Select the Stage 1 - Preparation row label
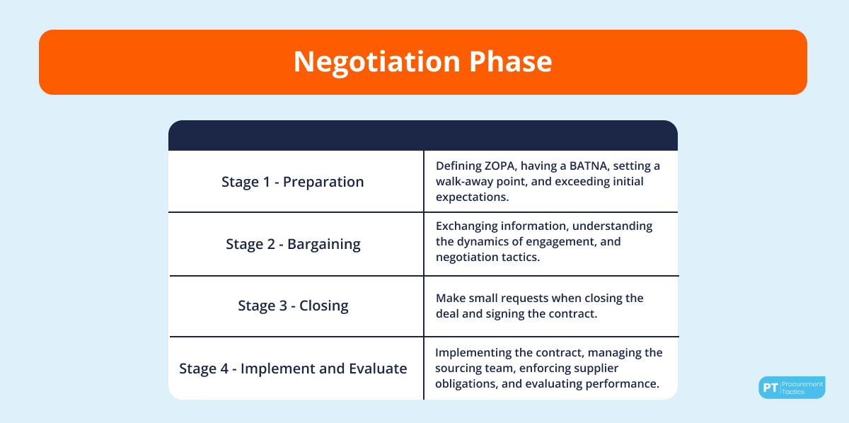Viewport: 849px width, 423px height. pos(292,182)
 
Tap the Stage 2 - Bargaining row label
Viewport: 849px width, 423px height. pos(293,244)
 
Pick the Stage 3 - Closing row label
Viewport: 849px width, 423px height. pos(293,306)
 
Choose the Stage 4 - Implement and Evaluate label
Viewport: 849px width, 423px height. pos(293,369)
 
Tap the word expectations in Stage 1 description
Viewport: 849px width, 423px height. pos(472,197)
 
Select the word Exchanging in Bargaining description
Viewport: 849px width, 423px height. pos(468,226)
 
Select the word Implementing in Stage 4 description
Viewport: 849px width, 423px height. pos(472,352)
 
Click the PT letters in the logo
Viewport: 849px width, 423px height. pos(769,388)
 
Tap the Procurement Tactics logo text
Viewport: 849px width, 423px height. pos(802,388)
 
